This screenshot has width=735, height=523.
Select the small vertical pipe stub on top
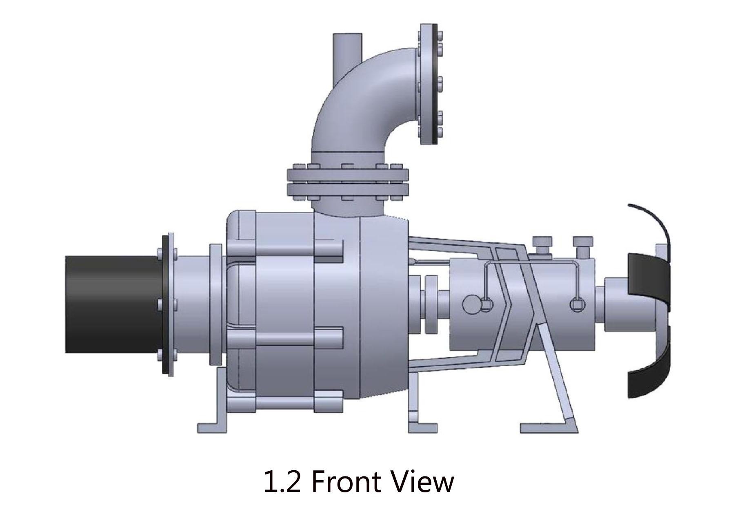(347, 51)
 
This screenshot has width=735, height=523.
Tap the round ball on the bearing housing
(472, 304)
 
